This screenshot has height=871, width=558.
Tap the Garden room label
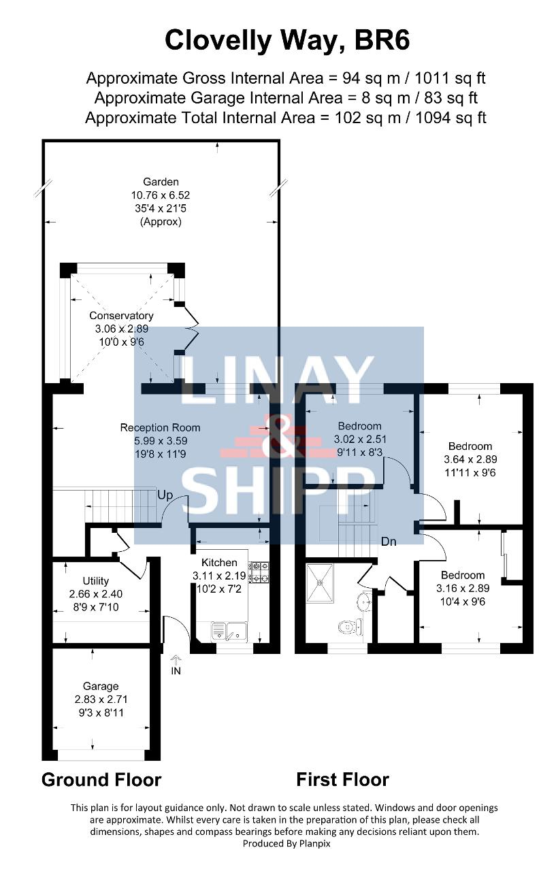coord(161,182)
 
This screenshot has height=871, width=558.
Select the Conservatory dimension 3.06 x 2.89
coord(122,329)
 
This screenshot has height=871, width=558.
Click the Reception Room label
coord(160,428)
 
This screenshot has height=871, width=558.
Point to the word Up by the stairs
coord(165,495)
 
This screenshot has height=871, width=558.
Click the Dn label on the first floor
coord(389,541)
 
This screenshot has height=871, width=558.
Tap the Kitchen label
coord(219,562)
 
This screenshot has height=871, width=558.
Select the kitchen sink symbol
coord(229,631)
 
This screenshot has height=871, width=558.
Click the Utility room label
coord(96,581)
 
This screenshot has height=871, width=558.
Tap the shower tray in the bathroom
coord(320,582)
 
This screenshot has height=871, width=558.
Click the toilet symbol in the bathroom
coord(350,627)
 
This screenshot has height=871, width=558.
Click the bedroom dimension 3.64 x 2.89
coord(470,459)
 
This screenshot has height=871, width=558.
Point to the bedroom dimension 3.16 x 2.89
coord(463,589)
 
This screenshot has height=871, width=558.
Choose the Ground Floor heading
coord(101,780)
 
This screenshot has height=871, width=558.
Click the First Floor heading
coord(342,780)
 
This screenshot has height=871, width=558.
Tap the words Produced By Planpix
coord(286,843)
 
